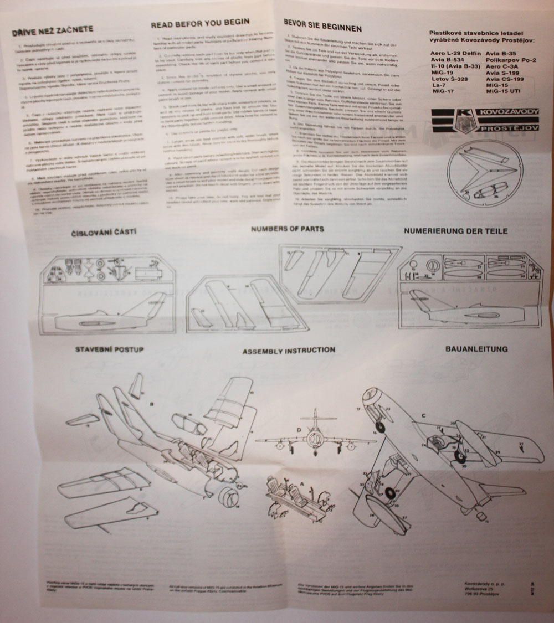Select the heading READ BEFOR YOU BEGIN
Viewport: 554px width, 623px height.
200,23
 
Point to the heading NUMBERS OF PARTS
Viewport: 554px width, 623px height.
287,229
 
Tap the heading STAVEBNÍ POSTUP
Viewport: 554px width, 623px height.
109,349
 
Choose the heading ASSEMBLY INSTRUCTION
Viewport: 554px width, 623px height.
288,351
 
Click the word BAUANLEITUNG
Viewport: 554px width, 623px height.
476,349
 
